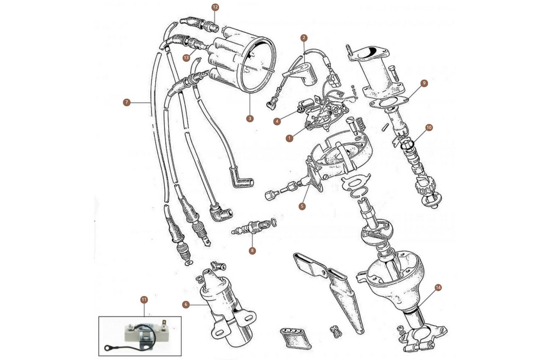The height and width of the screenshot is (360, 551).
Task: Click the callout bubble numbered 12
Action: (x=215, y=7)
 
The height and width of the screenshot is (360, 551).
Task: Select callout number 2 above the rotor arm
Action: (x=304, y=38)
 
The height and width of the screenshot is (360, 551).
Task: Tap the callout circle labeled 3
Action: (x=250, y=119)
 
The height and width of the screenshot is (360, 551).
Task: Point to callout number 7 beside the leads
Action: (x=126, y=102)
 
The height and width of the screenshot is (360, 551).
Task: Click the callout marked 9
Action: (x=424, y=83)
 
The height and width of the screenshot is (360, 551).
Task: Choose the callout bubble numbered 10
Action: (x=429, y=127)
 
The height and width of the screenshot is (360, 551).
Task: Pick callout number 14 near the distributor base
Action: (x=438, y=288)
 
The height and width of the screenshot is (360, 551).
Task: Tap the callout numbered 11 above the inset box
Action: (x=144, y=300)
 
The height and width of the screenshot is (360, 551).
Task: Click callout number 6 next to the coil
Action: (x=186, y=305)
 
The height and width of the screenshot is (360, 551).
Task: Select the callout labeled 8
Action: (x=252, y=251)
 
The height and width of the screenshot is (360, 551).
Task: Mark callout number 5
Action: (x=302, y=206)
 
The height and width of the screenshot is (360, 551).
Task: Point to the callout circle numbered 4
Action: (x=277, y=121)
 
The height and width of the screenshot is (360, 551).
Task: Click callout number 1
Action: (x=289, y=138)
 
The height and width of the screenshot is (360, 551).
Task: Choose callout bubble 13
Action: (x=186, y=57)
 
